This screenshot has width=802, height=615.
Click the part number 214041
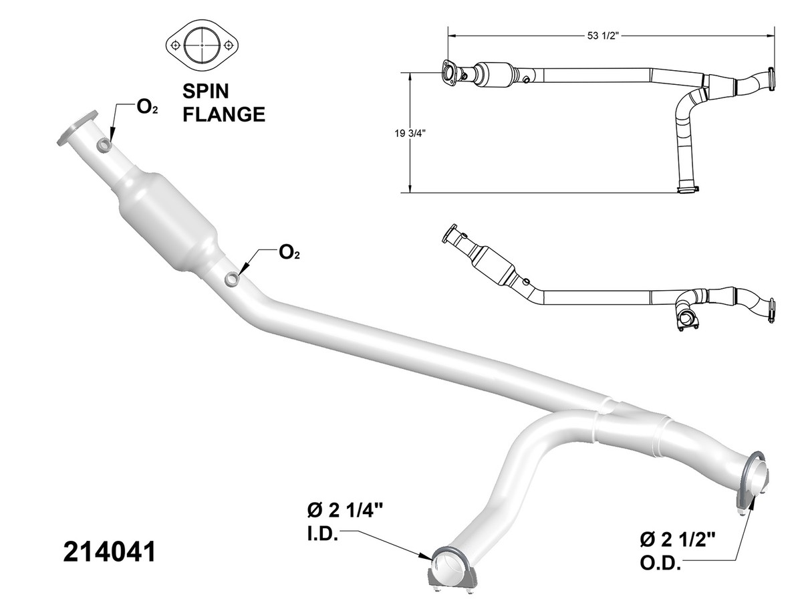click(x=110, y=551)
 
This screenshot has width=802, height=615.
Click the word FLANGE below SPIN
click(x=224, y=114)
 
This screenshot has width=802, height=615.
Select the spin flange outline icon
click(x=203, y=45)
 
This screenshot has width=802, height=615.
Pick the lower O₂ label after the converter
click(x=289, y=252)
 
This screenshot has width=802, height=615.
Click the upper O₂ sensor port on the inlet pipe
click(x=104, y=145)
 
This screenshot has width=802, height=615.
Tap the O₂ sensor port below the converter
click(x=231, y=279)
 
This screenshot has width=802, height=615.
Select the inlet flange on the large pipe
click(x=77, y=128)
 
